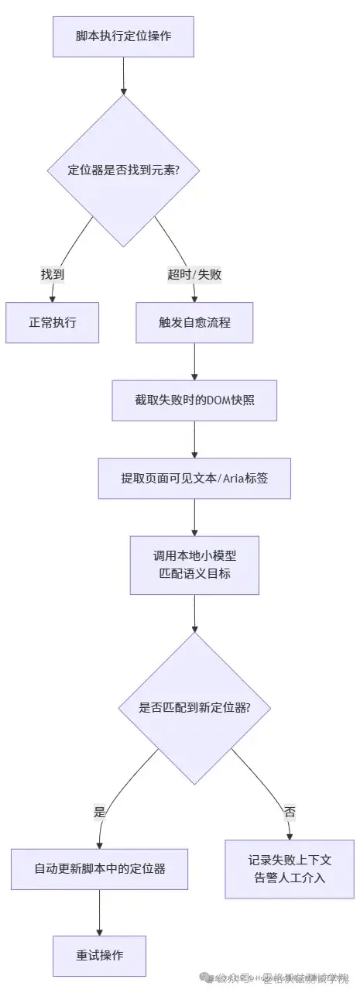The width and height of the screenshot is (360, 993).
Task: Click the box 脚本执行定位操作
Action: [x=123, y=36]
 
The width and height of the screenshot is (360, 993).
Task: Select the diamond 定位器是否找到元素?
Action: [x=124, y=170]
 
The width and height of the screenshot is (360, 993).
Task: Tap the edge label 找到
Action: [x=53, y=274]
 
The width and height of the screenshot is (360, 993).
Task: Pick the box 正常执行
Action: [x=53, y=322]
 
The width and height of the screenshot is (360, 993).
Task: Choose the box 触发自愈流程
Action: [x=194, y=322]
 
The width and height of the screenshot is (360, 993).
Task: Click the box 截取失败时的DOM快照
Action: [x=194, y=400]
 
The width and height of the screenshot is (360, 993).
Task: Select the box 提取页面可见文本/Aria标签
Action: [x=194, y=478]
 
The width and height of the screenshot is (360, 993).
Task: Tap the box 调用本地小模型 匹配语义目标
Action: [x=194, y=565]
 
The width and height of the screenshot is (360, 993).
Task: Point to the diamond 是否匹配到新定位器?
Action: [x=194, y=707]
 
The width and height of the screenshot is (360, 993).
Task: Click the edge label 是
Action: [x=99, y=812]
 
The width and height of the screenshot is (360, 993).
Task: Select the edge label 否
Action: [x=290, y=812]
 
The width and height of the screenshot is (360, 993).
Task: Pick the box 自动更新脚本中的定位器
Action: [x=99, y=868]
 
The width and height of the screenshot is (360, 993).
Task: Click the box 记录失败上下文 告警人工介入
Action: [x=290, y=868]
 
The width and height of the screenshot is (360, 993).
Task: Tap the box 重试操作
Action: [x=99, y=955]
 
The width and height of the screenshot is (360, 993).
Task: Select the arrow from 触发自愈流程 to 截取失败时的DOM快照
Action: [x=194, y=361]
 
